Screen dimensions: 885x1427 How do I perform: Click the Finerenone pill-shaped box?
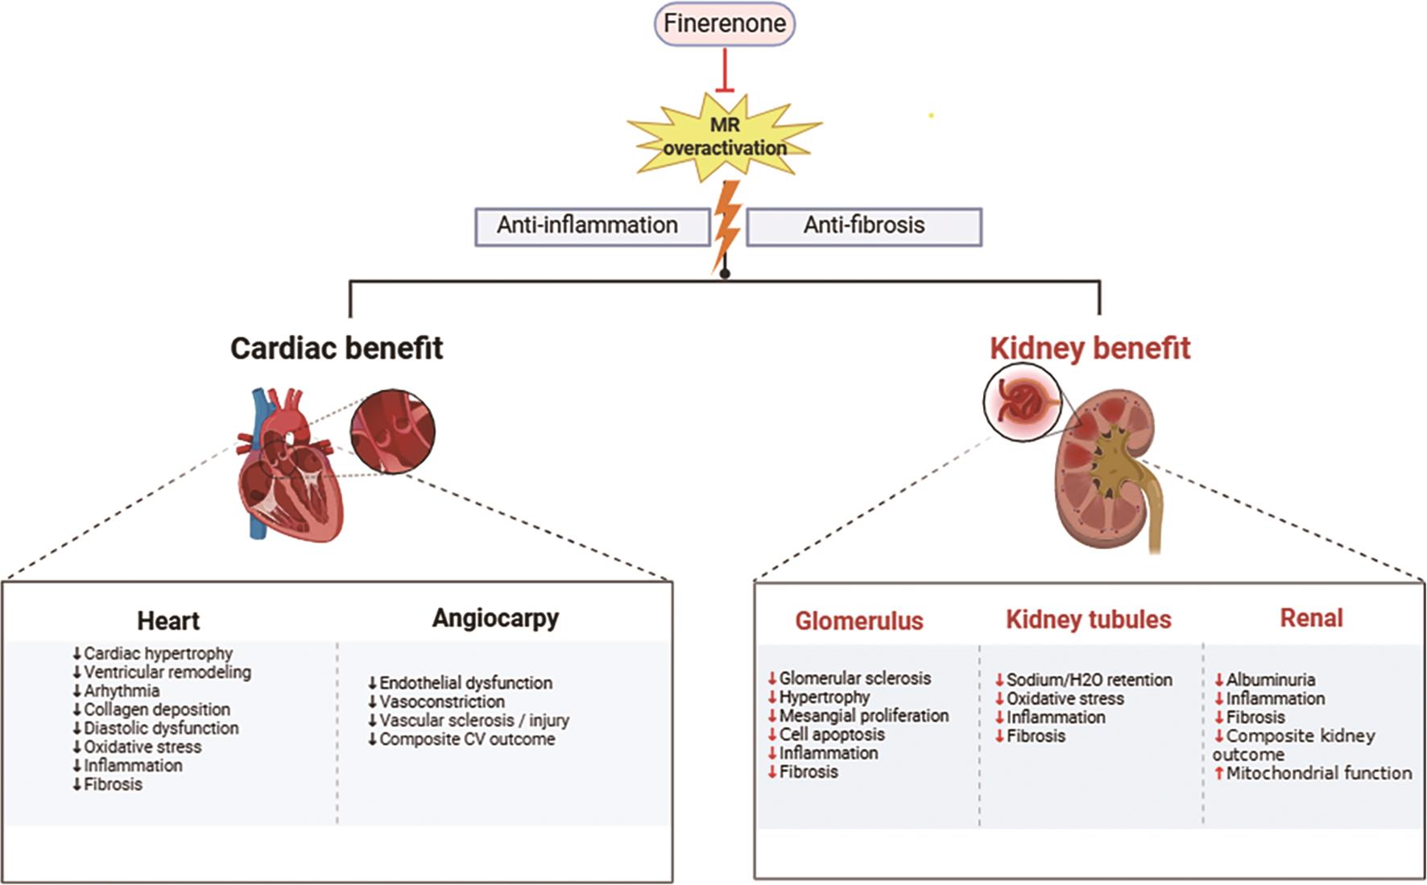[x=724, y=23]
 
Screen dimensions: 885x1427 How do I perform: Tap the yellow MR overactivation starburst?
[x=724, y=136]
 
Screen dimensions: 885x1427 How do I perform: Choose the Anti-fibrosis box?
[x=864, y=225]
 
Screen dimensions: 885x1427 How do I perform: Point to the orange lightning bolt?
[x=726, y=226]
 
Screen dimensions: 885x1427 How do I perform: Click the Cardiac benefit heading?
[x=337, y=348]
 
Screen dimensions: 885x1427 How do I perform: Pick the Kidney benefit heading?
[x=1090, y=348]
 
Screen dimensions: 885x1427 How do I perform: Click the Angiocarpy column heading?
[x=495, y=618]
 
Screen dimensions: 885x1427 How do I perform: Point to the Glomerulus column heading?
[x=859, y=621]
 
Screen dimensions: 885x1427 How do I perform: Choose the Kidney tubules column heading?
[x=1088, y=619]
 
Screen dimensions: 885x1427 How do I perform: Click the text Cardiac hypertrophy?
[x=158, y=653]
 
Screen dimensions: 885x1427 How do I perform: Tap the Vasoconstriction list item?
[x=442, y=701]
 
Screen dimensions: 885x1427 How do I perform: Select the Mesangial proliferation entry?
[x=863, y=715]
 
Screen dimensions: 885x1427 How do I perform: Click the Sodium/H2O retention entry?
[x=1089, y=680]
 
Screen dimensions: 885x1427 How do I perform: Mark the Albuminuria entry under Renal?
[x=1270, y=680]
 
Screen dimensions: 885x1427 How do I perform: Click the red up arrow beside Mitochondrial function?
[x=1219, y=773]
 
